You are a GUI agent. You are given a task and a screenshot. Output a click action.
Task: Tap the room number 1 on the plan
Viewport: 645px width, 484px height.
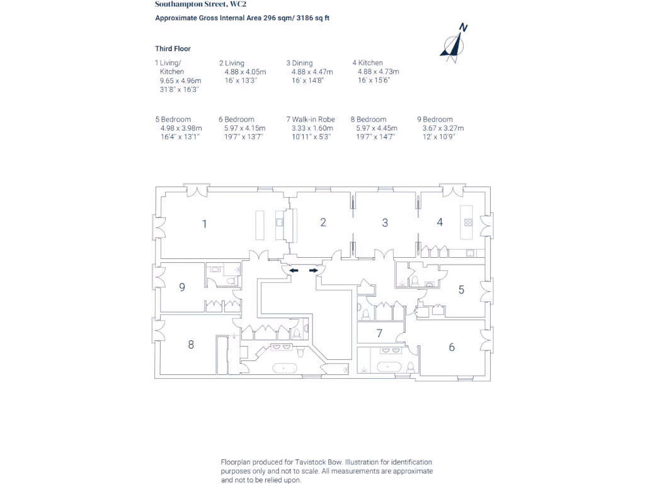[204, 223]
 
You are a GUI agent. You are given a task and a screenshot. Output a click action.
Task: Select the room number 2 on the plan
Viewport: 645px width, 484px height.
[323, 222]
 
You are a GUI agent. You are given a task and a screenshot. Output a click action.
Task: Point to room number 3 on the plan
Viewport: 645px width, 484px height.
[385, 222]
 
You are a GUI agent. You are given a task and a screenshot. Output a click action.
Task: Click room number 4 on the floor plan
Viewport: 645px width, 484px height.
[440, 222]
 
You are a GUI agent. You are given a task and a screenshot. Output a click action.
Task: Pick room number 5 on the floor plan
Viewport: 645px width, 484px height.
[461, 290]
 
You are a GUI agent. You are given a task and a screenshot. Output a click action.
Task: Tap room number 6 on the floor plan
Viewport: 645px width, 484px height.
[452, 347]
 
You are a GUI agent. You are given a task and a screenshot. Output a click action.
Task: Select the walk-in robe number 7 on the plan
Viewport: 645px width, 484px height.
[379, 333]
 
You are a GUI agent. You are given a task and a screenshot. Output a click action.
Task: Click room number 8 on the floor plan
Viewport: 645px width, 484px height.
[191, 344]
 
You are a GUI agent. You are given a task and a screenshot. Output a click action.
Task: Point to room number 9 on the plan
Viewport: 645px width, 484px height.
[182, 287]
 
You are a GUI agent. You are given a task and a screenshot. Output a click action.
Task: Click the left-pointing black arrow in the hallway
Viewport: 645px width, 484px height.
[294, 270]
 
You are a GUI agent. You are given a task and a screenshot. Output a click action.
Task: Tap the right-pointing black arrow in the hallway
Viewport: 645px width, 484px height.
[314, 270]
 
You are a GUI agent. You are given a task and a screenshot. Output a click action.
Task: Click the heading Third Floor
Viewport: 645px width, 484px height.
[173, 49]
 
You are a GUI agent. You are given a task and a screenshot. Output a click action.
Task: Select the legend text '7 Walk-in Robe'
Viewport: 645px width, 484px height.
[311, 119]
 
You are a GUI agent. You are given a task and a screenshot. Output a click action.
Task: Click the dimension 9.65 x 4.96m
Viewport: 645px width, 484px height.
[180, 81]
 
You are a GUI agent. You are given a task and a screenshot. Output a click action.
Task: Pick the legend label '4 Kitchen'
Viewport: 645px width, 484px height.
[368, 63]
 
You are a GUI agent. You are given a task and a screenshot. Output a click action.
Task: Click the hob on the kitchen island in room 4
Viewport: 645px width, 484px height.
[468, 222]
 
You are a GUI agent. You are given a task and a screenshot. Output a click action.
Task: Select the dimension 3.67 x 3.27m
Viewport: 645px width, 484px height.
[443, 128]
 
